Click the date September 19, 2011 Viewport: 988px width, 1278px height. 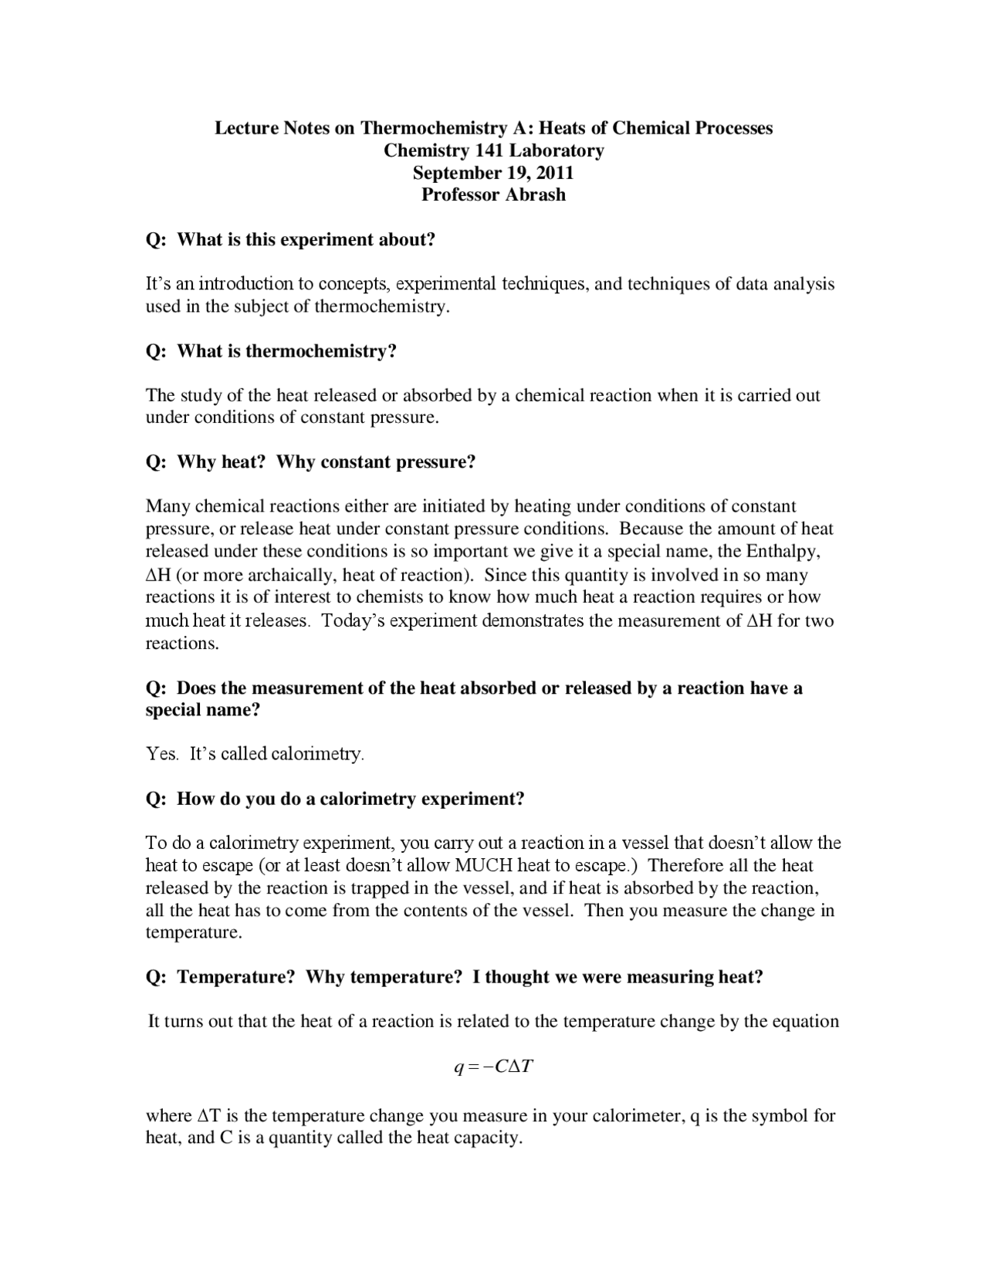(493, 172)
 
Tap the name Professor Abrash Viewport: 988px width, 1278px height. (493, 194)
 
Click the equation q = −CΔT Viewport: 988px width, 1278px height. (494, 1067)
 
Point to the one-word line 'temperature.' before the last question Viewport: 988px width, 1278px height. (194, 932)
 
